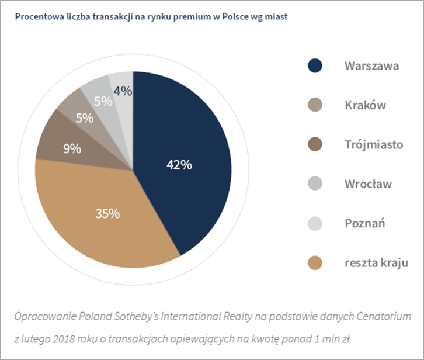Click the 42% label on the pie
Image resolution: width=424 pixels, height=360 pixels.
tap(179, 165)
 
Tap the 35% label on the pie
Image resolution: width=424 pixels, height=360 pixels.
tap(107, 213)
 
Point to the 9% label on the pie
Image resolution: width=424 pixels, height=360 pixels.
tap(72, 148)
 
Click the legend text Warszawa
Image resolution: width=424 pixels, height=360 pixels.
tap(371, 65)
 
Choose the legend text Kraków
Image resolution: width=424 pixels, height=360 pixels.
tap(365, 106)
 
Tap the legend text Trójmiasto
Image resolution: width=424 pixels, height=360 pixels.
tap(374, 144)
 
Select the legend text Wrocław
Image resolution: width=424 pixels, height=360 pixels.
tap(368, 184)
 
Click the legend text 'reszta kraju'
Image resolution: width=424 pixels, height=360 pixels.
tap(376, 262)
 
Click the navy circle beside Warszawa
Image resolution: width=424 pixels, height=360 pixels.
tap(315, 65)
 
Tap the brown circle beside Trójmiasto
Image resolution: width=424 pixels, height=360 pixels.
tap(315, 144)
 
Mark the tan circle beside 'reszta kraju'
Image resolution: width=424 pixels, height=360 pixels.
tap(315, 262)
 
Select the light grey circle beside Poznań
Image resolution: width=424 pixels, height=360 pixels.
tap(315, 223)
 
